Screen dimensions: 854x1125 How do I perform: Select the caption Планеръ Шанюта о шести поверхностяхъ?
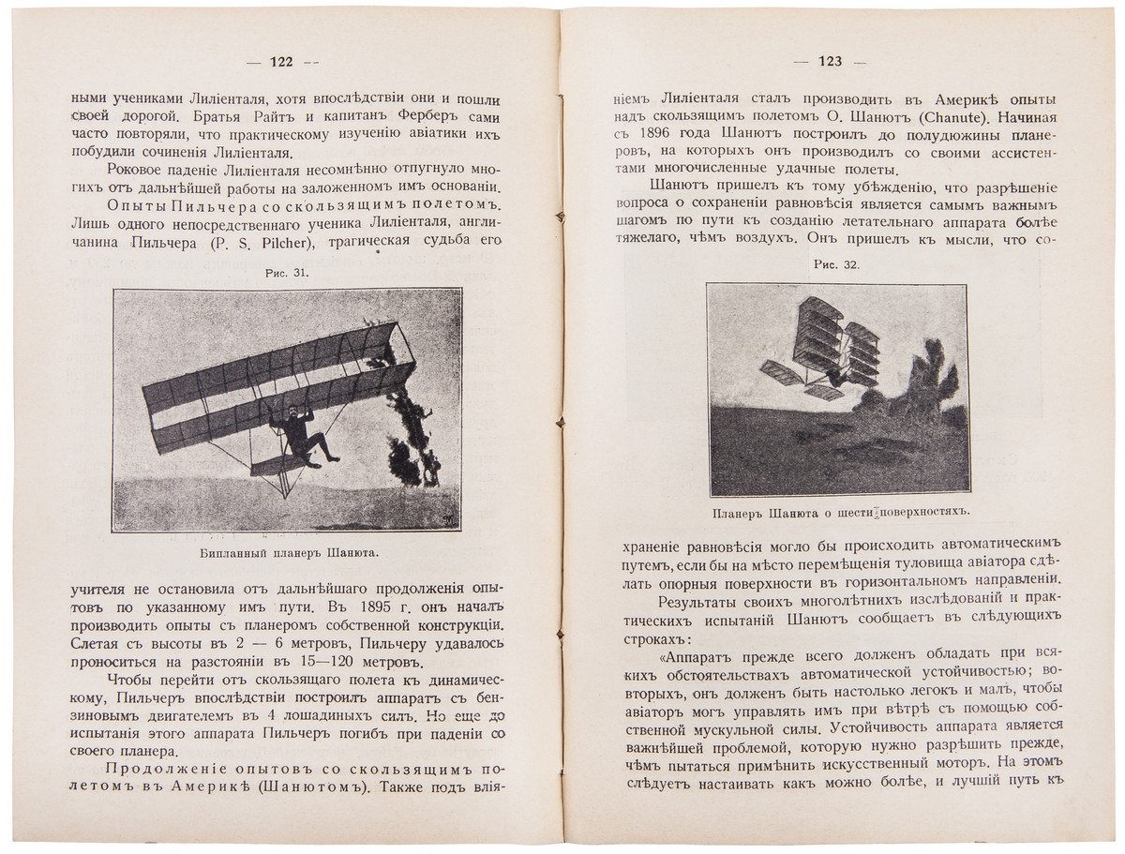tap(837, 512)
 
